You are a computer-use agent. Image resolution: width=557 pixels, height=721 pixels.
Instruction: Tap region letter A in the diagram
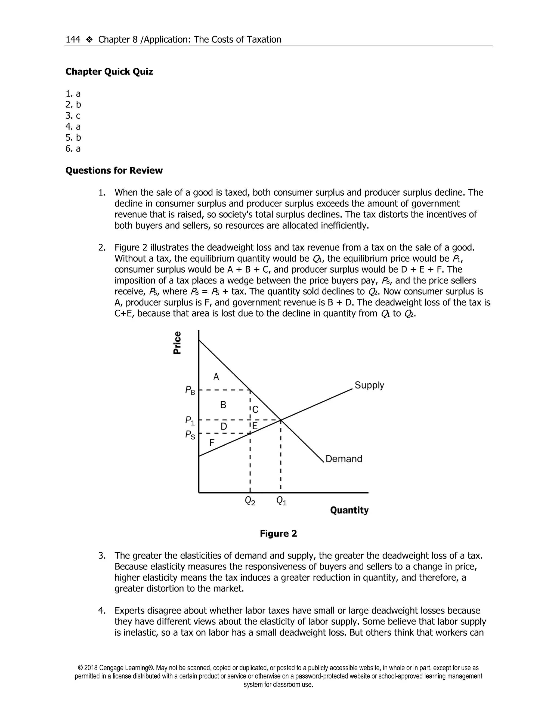click(216, 377)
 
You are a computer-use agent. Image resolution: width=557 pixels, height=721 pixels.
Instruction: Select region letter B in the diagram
click(223, 405)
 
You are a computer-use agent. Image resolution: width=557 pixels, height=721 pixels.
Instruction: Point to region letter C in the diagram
click(255, 410)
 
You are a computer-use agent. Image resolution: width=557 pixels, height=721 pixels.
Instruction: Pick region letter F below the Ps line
click(212, 442)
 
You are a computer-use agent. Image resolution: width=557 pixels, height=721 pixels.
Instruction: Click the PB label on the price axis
click(190, 390)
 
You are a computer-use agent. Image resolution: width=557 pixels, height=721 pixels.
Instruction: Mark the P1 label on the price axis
click(190, 421)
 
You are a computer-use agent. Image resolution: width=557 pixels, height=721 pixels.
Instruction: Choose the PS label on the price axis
click(190, 435)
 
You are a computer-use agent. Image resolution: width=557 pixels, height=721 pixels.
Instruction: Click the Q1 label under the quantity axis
click(281, 501)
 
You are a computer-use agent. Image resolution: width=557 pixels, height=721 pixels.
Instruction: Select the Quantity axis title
click(349, 510)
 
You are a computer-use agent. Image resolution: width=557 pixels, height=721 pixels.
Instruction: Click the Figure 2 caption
click(278, 534)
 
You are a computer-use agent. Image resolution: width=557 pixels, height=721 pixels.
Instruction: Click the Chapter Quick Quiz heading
click(109, 72)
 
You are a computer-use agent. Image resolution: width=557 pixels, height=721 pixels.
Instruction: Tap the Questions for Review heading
click(114, 170)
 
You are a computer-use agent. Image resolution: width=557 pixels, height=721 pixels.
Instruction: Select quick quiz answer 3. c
click(73, 116)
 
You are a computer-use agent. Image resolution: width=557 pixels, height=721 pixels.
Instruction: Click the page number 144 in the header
click(73, 40)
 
